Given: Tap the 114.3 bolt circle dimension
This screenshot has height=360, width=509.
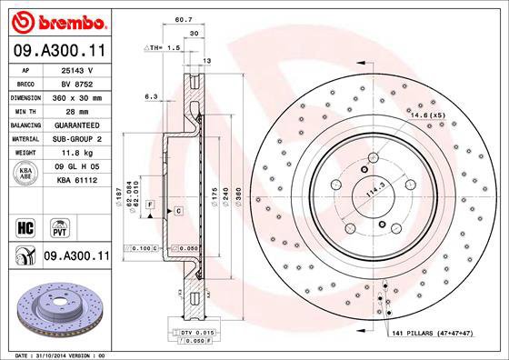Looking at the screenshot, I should pyautogui.click(x=371, y=192).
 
